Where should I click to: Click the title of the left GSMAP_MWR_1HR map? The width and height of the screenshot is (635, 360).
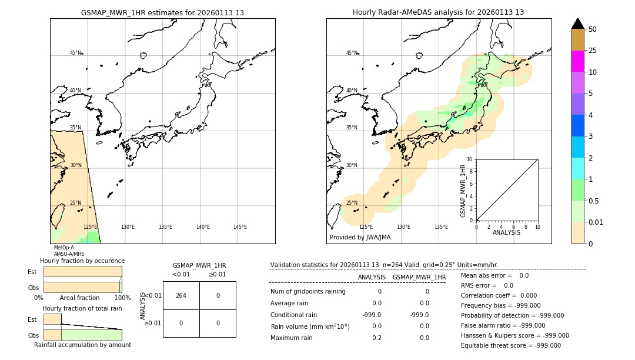(162, 12)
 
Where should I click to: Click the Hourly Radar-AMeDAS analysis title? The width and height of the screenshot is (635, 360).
(438, 12)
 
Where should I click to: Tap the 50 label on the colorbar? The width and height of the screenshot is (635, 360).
(593, 29)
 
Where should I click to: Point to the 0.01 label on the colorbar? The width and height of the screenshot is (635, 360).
(596, 222)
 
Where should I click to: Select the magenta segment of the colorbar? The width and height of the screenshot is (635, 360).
(577, 61)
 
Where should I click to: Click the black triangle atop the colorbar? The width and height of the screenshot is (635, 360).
(577, 24)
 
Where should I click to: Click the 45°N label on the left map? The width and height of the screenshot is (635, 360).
(75, 53)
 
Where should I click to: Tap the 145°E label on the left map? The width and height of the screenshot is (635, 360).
(240, 227)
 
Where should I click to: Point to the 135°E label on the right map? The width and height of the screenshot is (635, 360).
(441, 227)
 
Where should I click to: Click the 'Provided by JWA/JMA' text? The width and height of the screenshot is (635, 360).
(360, 238)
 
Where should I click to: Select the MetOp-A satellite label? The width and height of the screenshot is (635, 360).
(64, 248)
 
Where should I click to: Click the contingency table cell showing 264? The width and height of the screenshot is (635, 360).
(181, 295)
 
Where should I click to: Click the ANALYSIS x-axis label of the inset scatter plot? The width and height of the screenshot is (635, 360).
(506, 232)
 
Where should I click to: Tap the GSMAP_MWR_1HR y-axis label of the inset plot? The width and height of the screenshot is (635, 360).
(463, 189)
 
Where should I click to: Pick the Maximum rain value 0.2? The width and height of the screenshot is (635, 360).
(376, 338)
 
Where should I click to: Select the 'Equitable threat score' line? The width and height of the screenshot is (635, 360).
(510, 345)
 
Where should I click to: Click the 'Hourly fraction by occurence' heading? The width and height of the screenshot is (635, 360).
(82, 261)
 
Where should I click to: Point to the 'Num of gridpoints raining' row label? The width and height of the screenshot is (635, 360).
(308, 291)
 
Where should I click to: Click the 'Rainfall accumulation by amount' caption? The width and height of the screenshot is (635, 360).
(82, 345)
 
